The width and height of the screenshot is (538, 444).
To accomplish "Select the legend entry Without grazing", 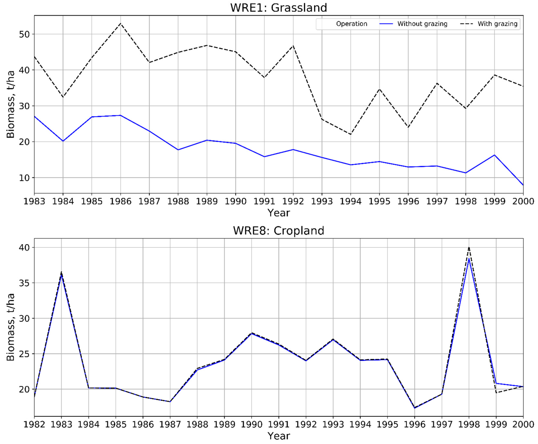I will click(422, 24).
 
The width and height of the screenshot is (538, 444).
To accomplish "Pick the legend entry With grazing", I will click(497, 24).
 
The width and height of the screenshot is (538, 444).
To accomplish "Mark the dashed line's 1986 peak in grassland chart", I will click(121, 23).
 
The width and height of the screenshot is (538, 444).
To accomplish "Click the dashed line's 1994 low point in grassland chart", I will click(351, 134).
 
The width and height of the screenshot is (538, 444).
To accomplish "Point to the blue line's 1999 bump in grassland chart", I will click(494, 155).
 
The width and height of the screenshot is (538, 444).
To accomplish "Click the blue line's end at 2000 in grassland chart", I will click(523, 185).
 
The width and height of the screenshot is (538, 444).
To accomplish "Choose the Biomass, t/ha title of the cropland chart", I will click(11, 327).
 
